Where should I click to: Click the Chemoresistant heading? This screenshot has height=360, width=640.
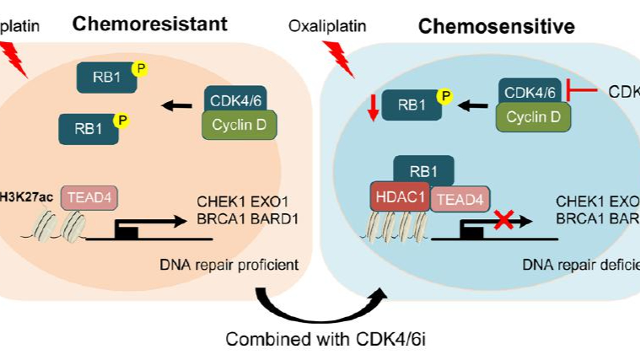[x=149, y=23]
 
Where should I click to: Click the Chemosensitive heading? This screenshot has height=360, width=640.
[x=497, y=26]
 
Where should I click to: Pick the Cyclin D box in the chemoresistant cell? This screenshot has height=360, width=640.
[x=239, y=125]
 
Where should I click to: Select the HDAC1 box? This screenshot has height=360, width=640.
[x=401, y=197]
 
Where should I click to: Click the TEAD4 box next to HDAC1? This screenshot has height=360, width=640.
[x=458, y=200]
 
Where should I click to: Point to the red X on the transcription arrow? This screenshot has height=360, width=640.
[x=503, y=221]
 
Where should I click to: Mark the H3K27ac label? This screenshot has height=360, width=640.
[x=26, y=196]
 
